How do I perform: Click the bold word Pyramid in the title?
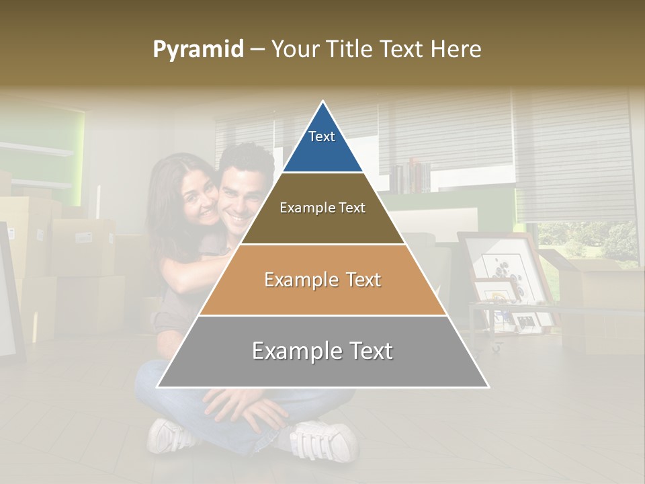point(198,50)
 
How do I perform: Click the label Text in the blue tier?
point(322,136)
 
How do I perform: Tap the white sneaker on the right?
point(325,440)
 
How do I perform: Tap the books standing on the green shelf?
point(411,177)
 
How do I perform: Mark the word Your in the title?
point(296,50)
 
